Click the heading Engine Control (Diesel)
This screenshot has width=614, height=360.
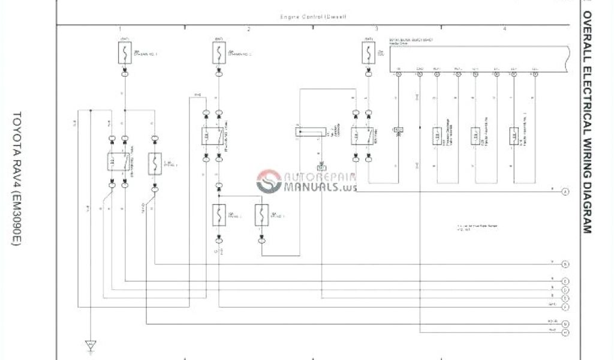click(313, 17)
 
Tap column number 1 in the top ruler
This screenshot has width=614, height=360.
click(120, 29)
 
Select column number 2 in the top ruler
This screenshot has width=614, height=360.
click(249, 29)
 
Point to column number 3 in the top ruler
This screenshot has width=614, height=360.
click(377, 29)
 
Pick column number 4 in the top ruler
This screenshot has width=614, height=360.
click(505, 29)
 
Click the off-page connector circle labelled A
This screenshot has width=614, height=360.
click(565, 192)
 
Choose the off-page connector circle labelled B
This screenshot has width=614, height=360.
click(565, 264)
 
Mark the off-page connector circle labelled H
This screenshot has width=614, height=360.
click(565, 332)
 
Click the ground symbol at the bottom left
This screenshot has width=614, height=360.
click(91, 345)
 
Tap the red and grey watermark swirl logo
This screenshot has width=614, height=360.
click(269, 181)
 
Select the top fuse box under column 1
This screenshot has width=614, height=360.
click(125, 53)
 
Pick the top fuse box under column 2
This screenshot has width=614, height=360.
click(218, 53)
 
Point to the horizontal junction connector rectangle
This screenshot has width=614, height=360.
click(311, 131)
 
